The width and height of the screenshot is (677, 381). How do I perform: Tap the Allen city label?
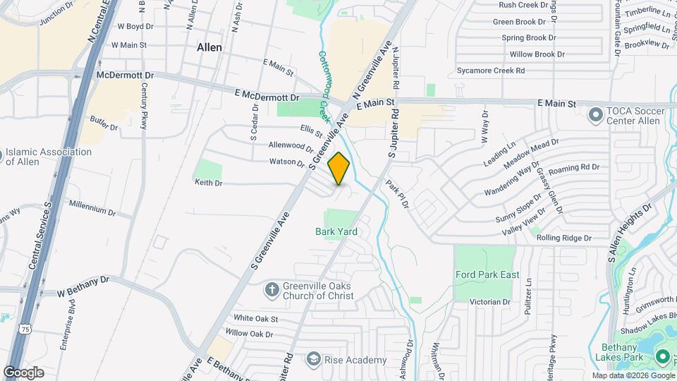point(209,47)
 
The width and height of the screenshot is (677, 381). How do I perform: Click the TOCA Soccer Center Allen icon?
point(597,113)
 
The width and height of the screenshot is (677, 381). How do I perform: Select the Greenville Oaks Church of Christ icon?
point(272,290)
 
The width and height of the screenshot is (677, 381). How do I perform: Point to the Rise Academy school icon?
point(312,360)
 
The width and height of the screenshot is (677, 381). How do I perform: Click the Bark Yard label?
point(336,231)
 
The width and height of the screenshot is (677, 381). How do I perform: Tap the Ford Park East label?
point(487,274)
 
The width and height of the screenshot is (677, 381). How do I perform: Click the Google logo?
point(23,373)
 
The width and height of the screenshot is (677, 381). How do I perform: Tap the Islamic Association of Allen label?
point(49,157)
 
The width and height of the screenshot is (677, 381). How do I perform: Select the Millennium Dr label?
point(92,210)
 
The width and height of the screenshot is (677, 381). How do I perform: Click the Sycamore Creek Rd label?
point(491,71)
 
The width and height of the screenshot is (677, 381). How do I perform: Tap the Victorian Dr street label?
point(489,302)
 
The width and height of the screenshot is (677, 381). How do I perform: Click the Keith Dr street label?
point(209,183)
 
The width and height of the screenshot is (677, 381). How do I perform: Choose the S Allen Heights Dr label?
point(628,233)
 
